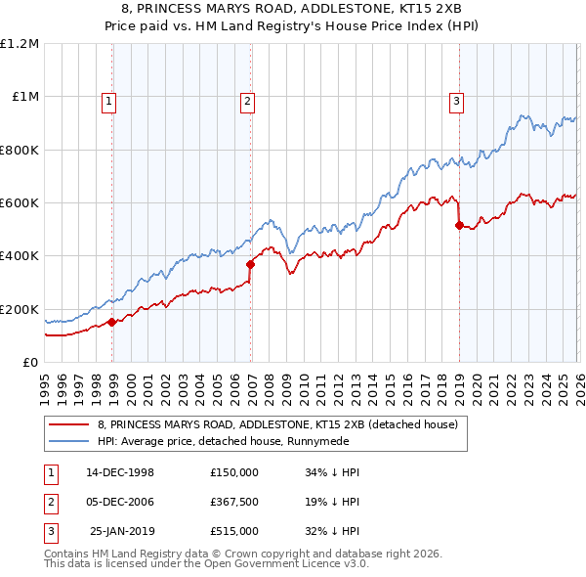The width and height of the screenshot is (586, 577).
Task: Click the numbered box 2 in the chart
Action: point(248,100)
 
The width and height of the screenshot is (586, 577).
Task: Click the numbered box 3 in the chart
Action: point(456,100)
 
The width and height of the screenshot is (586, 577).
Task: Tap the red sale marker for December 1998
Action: point(112,322)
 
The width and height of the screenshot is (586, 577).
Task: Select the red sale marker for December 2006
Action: point(251,264)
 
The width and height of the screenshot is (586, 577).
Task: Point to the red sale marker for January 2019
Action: point(459,225)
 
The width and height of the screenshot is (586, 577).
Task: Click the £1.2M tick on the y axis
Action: point(20,44)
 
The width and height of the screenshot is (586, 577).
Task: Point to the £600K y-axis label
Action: point(20,202)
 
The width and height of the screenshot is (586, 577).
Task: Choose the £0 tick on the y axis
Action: point(29,362)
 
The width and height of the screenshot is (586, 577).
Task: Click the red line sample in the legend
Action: point(70,424)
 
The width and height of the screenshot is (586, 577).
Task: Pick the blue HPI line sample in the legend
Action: point(70,441)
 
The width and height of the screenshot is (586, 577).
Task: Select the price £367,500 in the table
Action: point(234,502)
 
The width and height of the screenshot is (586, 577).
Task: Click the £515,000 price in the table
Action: point(234,531)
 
